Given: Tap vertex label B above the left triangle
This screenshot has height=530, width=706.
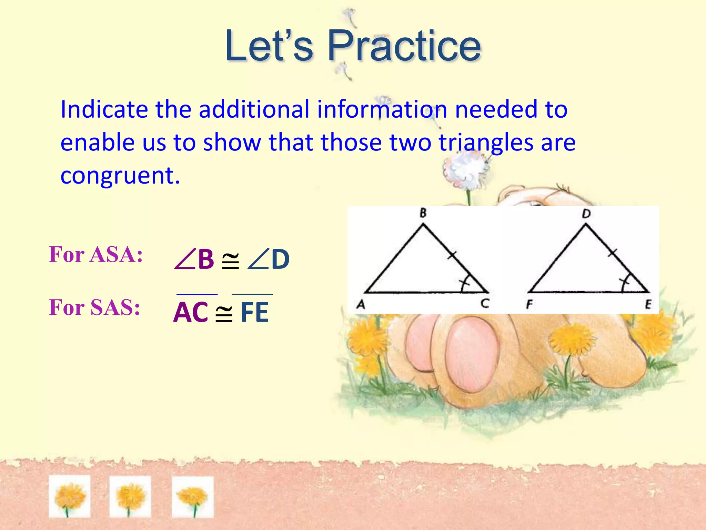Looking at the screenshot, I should point(423,213).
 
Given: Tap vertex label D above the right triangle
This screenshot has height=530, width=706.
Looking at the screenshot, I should point(586,214).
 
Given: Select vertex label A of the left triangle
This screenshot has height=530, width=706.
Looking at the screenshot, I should point(361,304).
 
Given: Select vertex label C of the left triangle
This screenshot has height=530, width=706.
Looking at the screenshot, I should point(485,304).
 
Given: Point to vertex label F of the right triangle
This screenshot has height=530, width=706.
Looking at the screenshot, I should point(529,304).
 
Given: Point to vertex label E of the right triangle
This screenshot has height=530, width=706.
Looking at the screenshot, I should point(648,304).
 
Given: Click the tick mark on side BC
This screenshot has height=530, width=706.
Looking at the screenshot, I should point(452,255).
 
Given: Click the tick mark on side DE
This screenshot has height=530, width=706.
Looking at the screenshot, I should point(612,253).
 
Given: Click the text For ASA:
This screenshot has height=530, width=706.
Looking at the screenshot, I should point(95,255).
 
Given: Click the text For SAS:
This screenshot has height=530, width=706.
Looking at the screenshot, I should point(94,307).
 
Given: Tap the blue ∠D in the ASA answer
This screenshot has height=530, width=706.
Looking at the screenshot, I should point(269,259).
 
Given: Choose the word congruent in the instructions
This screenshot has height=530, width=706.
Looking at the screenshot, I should point(120,175).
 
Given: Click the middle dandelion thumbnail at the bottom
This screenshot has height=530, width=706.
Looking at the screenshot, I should point(130,497).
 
